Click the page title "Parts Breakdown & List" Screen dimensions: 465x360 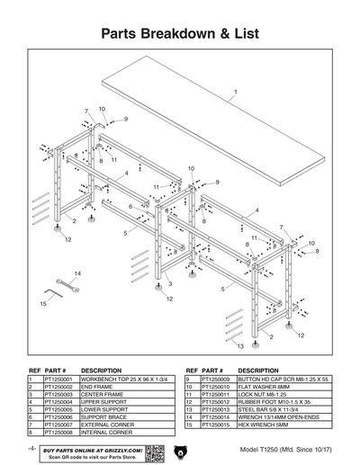coord(180,34)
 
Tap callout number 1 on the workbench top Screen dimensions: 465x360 coord(236,93)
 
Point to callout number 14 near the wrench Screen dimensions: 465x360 coord(77,273)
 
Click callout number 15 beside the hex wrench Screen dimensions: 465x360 coord(43,304)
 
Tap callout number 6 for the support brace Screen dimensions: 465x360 coord(130,207)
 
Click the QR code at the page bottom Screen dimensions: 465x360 coord(153,451)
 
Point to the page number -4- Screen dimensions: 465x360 coord(31,447)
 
